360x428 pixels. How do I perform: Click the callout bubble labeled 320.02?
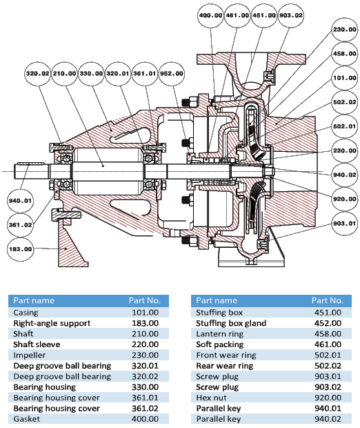[38, 74]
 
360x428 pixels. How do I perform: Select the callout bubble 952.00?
[172, 74]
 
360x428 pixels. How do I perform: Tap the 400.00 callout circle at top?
[210, 15]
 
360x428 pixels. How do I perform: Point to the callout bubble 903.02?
[291, 15]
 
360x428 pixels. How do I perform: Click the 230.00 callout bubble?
[345, 30]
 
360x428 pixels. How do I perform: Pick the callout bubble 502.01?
[345, 126]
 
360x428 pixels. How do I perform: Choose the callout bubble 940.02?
[345, 175]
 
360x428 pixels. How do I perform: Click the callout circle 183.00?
[20, 249]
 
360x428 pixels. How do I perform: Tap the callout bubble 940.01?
[20, 201]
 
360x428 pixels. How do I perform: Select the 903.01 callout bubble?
[345, 224]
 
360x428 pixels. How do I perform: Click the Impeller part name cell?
[30, 355]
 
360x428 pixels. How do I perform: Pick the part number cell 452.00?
[328, 323]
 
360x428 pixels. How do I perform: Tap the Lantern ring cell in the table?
[220, 334]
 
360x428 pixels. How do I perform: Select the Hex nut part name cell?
[211, 398]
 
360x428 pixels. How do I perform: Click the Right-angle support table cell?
[52, 323]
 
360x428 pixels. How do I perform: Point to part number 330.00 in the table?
[145, 387]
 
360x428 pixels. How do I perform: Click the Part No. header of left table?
[145, 300]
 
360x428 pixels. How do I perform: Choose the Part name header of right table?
[217, 300]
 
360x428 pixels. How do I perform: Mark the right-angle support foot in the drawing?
[72, 240]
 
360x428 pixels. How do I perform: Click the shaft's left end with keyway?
[31, 171]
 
